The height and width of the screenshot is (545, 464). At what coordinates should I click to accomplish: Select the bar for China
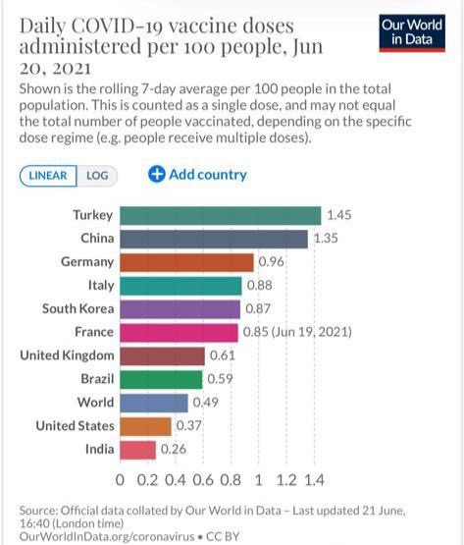click(x=213, y=239)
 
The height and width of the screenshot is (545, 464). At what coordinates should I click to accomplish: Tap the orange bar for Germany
click(x=186, y=262)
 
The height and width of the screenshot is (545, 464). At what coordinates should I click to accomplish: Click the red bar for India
click(x=137, y=450)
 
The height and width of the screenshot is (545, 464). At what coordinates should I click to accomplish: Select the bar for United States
click(x=145, y=426)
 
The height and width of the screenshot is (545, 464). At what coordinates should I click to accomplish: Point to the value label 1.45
click(x=339, y=215)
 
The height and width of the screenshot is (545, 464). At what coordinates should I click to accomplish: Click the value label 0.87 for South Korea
click(x=257, y=308)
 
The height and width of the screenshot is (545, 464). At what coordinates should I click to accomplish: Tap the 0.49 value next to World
click(x=205, y=403)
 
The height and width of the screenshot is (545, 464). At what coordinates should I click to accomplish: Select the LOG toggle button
click(x=97, y=175)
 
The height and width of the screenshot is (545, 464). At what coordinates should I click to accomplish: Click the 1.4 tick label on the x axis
click(x=314, y=481)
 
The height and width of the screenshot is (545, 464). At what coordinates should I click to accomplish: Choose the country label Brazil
click(x=95, y=379)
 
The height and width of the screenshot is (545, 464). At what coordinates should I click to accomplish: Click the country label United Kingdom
click(x=67, y=355)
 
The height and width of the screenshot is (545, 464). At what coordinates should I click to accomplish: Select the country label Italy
click(x=99, y=285)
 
